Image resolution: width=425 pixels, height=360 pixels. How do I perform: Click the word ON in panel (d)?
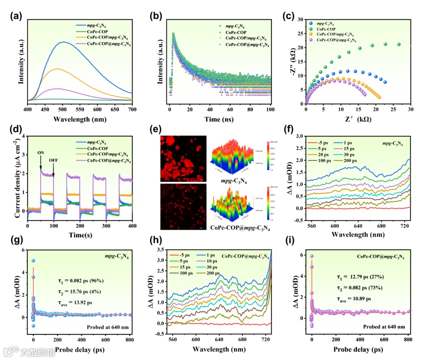(x=41, y=153)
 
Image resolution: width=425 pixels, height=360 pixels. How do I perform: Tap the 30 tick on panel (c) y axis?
(x=301, y=19)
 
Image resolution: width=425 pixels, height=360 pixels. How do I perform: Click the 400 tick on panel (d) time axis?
(x=132, y=226)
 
